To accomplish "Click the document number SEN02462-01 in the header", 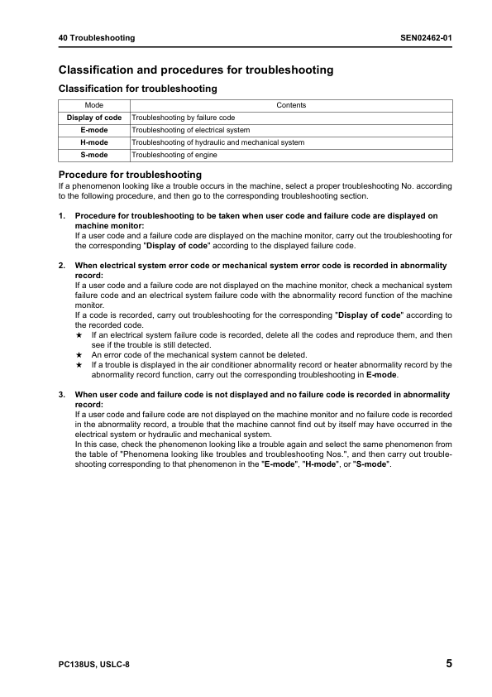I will click(x=425, y=38).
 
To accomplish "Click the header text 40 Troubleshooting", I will click(x=97, y=38).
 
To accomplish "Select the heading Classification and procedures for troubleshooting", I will click(x=196, y=70).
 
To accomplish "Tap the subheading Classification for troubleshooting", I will click(x=137, y=89).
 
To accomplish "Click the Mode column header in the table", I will click(x=94, y=105).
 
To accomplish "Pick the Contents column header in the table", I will click(x=291, y=105).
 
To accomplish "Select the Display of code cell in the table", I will click(x=94, y=118).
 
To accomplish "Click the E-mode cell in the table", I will click(x=94, y=130).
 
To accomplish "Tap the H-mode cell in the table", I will click(x=94, y=142).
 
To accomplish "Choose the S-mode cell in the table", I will click(x=94, y=155).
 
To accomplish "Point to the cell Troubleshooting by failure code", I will click(x=184, y=118).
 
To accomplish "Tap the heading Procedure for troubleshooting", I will click(x=130, y=175).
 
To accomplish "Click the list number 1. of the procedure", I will click(x=62, y=216).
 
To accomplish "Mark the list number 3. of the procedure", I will click(x=62, y=395).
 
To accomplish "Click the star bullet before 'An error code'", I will click(x=79, y=353).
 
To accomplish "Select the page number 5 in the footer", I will click(x=448, y=664).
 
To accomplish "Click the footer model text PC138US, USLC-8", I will click(x=94, y=665).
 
